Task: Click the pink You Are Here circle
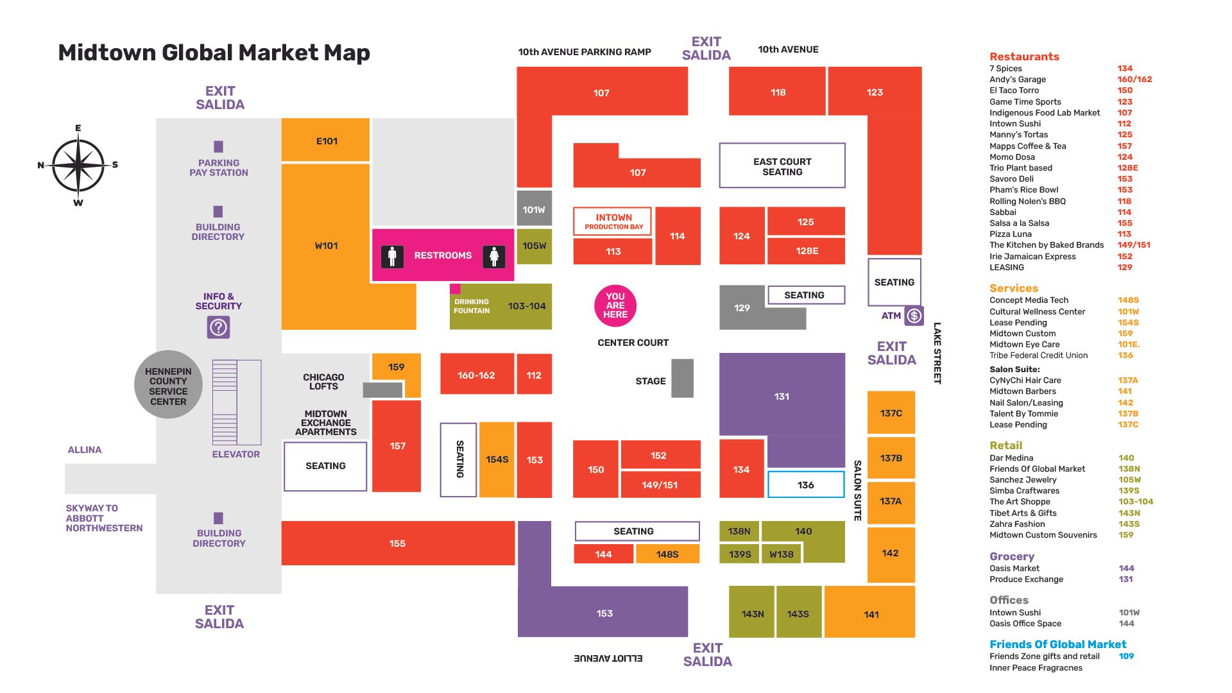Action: [x=615, y=305]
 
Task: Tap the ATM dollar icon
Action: [x=914, y=316]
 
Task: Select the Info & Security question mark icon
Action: [x=218, y=328]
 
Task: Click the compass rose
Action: [x=78, y=165]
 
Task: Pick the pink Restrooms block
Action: [x=443, y=255]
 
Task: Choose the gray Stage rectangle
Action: [x=682, y=378]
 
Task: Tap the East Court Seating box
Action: [x=782, y=166]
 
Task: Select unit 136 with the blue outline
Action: [x=805, y=485]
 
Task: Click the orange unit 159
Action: [x=396, y=367]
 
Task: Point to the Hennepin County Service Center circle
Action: [x=168, y=386]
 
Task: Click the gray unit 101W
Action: [x=534, y=209]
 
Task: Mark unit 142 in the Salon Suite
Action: [x=890, y=554]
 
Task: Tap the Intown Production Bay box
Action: [x=613, y=221]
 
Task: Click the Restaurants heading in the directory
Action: [x=1024, y=56]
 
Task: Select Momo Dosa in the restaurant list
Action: [x=1012, y=157]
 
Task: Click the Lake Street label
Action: [x=937, y=353]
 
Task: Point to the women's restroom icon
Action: [x=493, y=257]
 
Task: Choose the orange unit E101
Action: [x=326, y=141]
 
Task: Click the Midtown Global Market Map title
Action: [x=214, y=53]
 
